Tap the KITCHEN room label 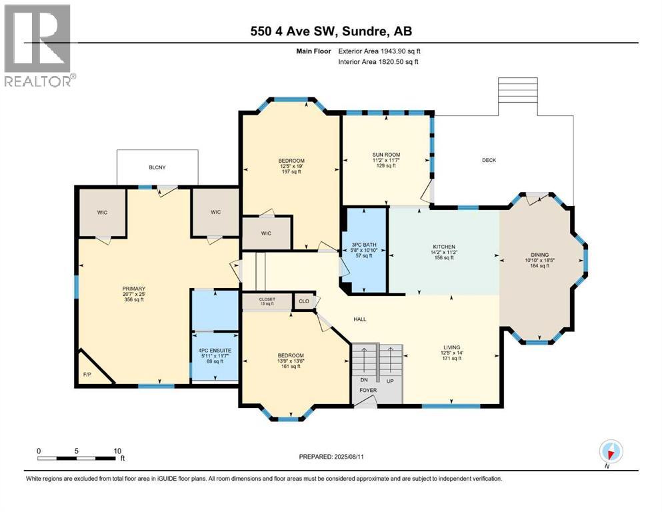tap(443, 247)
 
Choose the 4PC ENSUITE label tap(214, 351)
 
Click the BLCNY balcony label tap(157, 169)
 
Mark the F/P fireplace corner tap(88, 375)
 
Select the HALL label tap(359, 319)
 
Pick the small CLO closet tap(303, 301)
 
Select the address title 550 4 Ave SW tap(331, 31)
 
